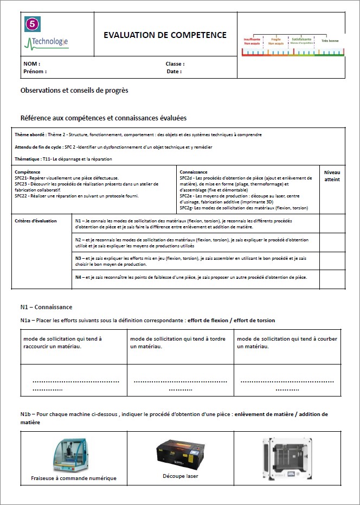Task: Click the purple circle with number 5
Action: [x=33, y=24]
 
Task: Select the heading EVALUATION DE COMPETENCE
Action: [x=165, y=35]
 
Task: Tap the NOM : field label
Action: [x=32, y=64]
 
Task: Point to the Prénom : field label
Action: [x=35, y=71]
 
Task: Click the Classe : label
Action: [x=175, y=64]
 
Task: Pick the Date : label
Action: [x=174, y=71]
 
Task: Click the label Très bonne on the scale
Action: [x=330, y=41]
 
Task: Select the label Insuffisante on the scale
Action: [x=252, y=39]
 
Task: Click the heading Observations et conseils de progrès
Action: [x=74, y=91]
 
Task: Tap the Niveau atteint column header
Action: [x=332, y=175]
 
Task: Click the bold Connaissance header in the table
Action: [x=194, y=172]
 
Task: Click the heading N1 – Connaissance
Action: [x=46, y=307]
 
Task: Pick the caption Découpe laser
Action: [x=180, y=476]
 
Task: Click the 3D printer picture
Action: [x=286, y=459]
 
